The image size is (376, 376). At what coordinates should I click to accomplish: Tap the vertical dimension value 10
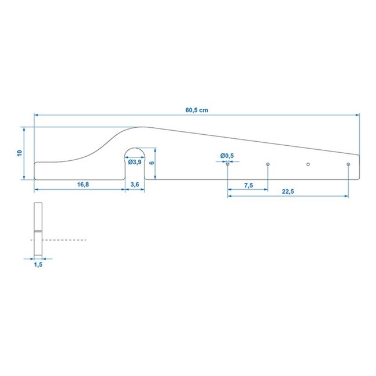19,153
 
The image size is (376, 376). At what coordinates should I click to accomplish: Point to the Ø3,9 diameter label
135,163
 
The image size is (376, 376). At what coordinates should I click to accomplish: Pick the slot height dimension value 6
151,163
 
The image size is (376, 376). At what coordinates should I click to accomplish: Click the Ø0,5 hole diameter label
227,156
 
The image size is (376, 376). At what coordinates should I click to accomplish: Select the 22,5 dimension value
287,192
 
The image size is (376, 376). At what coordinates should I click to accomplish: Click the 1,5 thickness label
38,264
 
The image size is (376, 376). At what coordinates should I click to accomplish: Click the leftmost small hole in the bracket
228,164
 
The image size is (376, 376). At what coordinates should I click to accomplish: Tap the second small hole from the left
268,164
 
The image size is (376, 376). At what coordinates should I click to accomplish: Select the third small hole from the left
308,164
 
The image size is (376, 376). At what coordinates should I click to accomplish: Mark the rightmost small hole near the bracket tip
348,164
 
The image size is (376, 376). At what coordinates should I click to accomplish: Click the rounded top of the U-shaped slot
135,150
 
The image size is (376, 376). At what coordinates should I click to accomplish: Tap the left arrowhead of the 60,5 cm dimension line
36,115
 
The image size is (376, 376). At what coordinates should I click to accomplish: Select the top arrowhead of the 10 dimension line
24,128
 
